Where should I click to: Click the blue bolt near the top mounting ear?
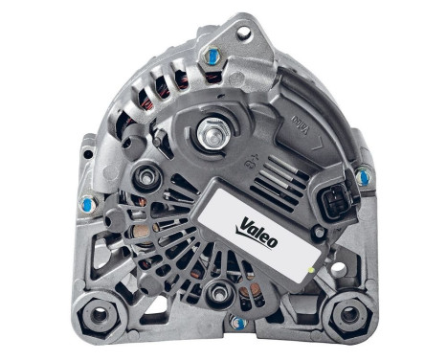211,57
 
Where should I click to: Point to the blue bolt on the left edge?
88,202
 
